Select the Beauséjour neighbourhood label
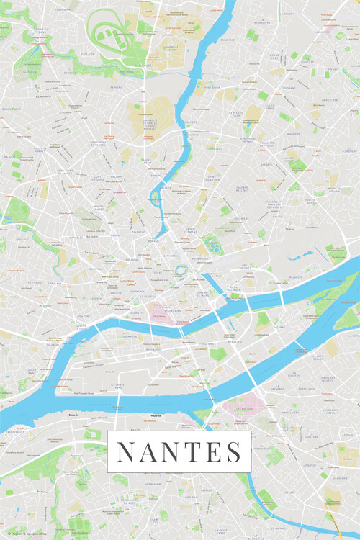(12, 108)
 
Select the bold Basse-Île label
(73, 416)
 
